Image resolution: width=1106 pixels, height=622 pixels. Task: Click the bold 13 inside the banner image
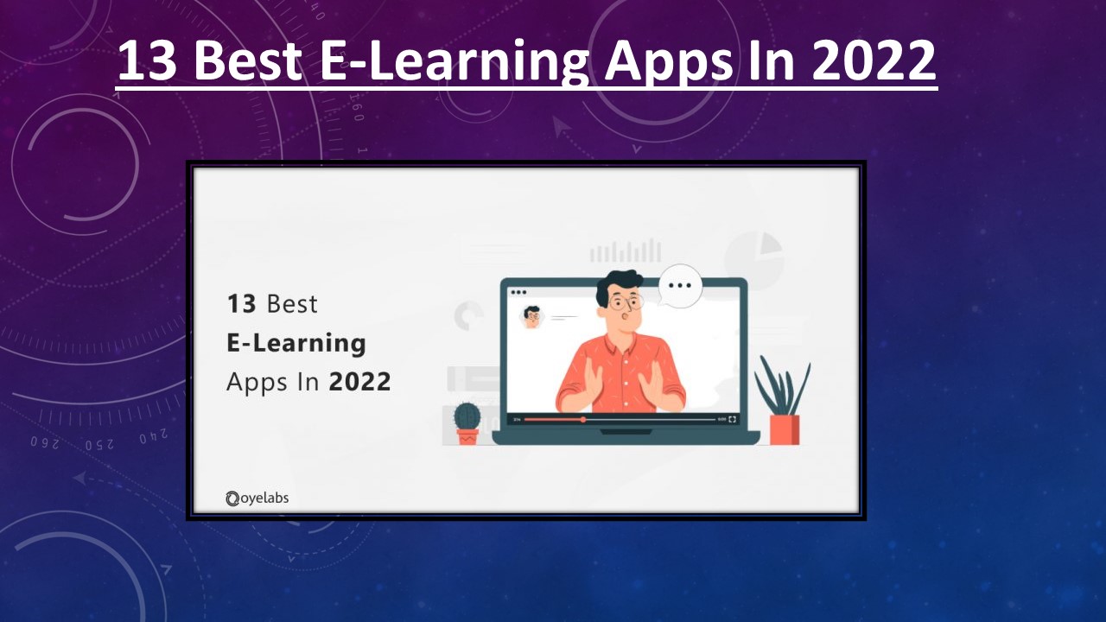(242, 304)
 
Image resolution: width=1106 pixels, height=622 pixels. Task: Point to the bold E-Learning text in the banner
(296, 343)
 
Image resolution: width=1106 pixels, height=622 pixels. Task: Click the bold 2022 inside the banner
(359, 381)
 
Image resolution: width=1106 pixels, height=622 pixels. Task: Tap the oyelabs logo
(257, 498)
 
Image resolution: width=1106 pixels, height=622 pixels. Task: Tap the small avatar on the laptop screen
(531, 317)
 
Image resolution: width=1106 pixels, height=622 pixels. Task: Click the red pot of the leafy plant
(784, 429)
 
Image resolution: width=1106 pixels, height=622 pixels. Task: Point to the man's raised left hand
(650, 381)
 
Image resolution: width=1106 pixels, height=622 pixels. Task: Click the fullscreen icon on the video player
(733, 419)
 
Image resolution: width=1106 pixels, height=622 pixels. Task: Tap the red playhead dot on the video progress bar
(583, 419)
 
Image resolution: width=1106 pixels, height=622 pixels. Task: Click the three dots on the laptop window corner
(518, 292)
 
